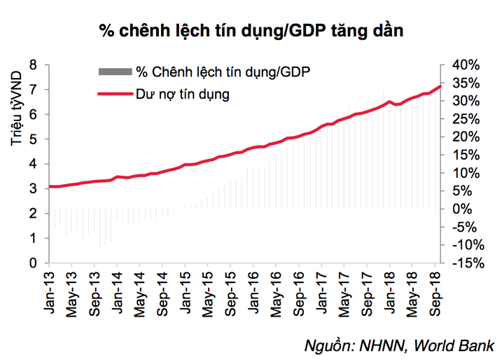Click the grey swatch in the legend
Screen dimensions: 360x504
tap(115, 71)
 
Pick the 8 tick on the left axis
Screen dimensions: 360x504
tap(34, 65)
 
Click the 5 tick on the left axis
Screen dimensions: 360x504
tap(34, 139)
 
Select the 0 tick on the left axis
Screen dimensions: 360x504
tap(34, 263)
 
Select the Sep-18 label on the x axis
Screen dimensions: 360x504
tap(433, 291)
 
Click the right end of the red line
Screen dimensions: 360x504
tap(440, 86)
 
